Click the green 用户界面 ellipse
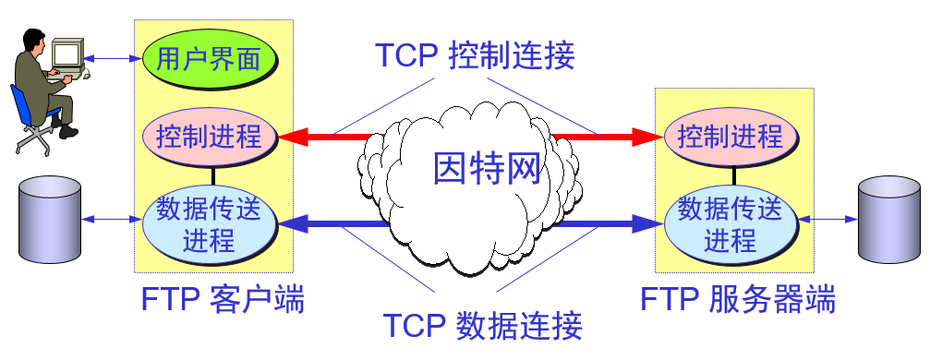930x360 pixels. click(211, 59)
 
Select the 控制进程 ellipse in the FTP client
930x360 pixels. click(211, 138)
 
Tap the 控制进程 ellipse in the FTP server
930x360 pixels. click(731, 138)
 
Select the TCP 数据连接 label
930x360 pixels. click(482, 326)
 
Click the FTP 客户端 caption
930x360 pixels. click(223, 300)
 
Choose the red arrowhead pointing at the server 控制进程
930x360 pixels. click(648, 138)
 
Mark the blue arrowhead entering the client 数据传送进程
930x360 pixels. click(293, 222)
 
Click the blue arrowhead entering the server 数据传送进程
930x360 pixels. click(649, 222)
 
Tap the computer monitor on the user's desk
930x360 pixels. click(66, 55)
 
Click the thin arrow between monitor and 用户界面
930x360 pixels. click(112, 60)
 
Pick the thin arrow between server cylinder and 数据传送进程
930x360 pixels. click(829, 220)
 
